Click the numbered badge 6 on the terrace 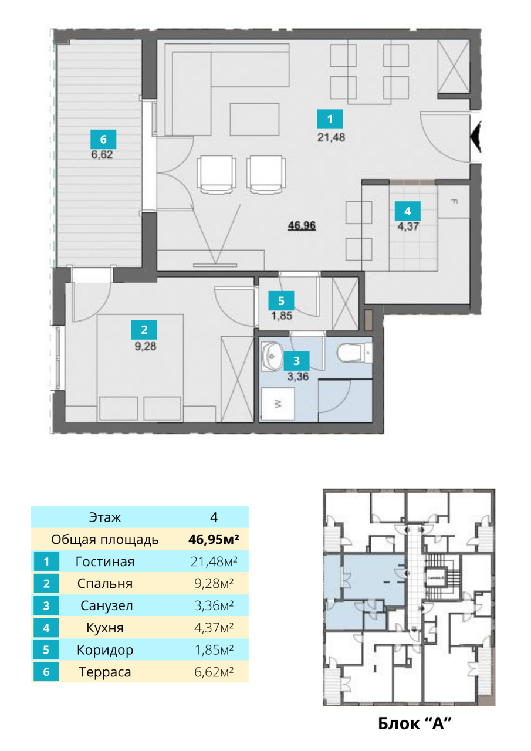tap(103, 140)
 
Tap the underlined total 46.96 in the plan tap(302, 225)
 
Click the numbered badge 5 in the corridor tap(281, 301)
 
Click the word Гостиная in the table tap(105, 562)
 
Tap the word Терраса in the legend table tap(105, 672)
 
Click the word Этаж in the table tap(105, 517)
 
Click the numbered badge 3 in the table tap(46, 606)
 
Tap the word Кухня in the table tap(105, 628)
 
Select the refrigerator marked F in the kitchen tap(454, 202)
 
